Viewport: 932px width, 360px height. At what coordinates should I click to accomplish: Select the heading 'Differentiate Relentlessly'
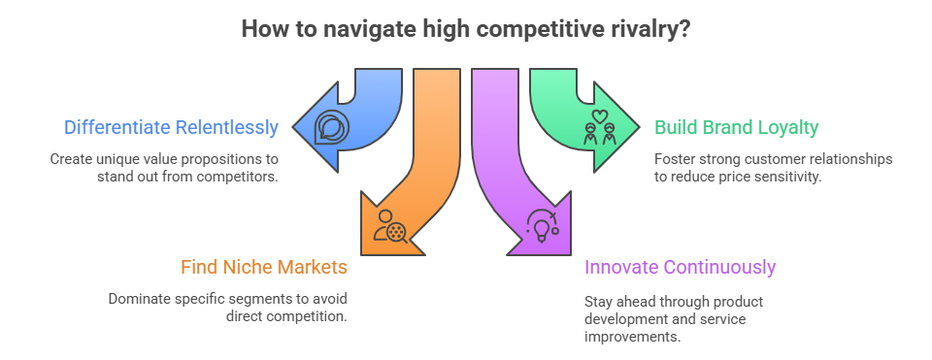172,127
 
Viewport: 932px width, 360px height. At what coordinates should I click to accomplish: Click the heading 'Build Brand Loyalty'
736,127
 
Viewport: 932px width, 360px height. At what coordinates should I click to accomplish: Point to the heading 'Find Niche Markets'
264,266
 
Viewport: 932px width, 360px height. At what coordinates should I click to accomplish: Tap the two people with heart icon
599,128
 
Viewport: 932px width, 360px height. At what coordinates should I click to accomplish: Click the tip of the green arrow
640,127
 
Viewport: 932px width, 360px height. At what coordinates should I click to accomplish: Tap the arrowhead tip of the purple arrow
511,254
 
